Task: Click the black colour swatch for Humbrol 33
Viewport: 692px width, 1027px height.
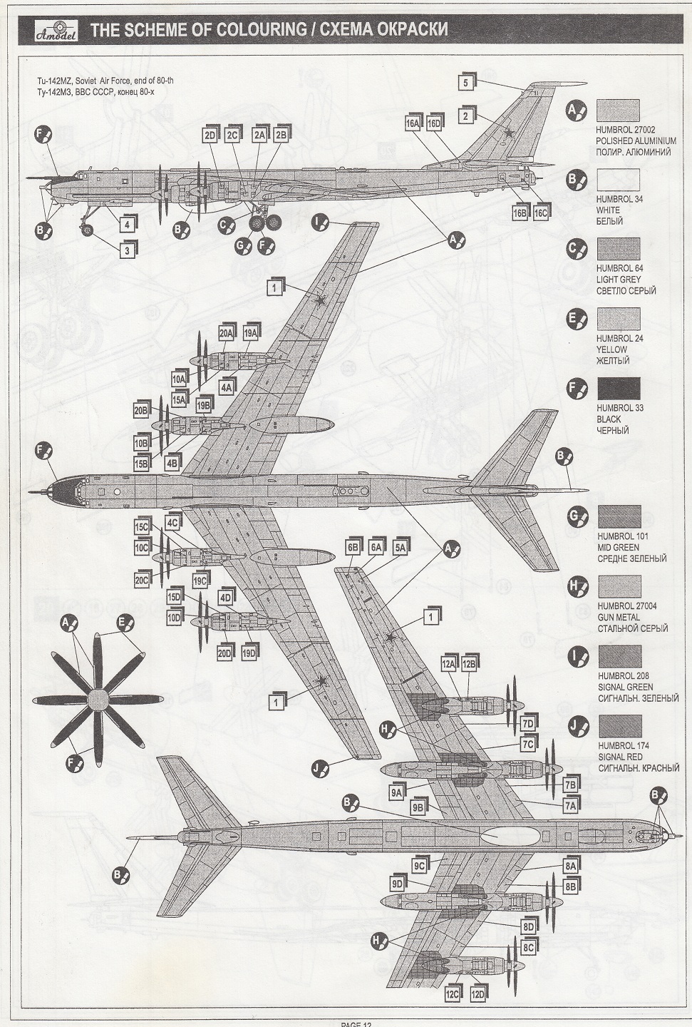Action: tap(618, 389)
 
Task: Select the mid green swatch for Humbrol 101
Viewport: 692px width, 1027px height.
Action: tap(619, 516)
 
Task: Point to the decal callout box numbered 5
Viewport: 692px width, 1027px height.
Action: tap(465, 82)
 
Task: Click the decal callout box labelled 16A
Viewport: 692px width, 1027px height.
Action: tap(413, 123)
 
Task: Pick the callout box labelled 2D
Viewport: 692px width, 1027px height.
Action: tap(210, 136)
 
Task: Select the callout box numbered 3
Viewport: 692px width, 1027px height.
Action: tap(127, 250)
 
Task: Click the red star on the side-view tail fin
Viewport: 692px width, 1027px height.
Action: tap(509, 131)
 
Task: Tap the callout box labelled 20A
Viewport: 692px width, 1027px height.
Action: tap(227, 333)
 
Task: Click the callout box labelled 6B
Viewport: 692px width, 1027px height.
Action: tap(353, 547)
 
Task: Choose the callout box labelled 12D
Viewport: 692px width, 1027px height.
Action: tap(477, 994)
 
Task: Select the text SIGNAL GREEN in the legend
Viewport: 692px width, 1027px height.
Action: tap(625, 687)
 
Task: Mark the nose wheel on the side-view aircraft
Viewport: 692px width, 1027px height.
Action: tap(88, 230)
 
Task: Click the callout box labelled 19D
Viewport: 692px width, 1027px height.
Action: tap(249, 653)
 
